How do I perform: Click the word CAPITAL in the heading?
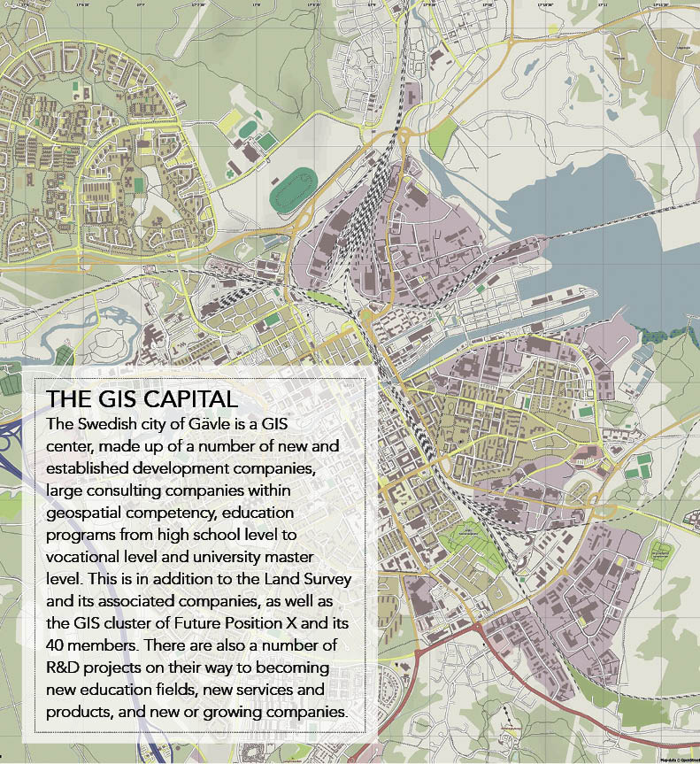(187, 398)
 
